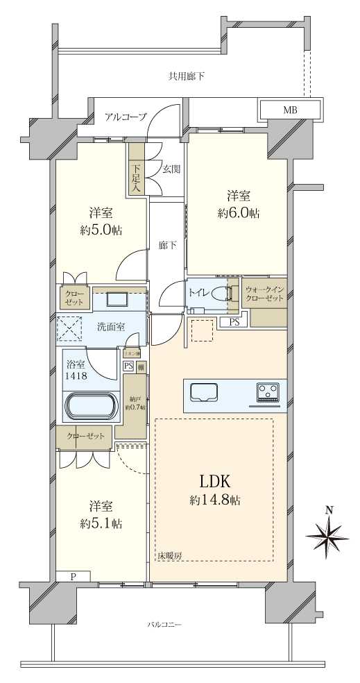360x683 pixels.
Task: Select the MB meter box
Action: click(x=291, y=110)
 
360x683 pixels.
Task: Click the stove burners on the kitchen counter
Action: click(x=268, y=392)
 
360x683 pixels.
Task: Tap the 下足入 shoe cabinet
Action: click(x=136, y=178)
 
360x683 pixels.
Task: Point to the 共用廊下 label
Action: click(x=187, y=76)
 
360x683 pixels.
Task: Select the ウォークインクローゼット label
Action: click(x=264, y=294)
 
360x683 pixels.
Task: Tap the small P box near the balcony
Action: click(x=74, y=576)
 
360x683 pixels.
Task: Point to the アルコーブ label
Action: click(x=126, y=117)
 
